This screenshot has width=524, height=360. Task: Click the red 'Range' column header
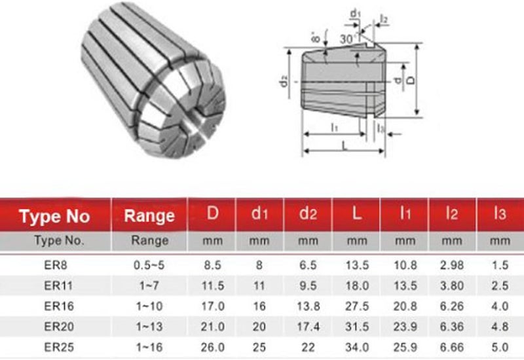150,216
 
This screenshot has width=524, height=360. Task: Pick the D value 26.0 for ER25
212,344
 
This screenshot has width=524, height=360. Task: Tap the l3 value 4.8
500,325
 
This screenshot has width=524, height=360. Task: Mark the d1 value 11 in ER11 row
260,286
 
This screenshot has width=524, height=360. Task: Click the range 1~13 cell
150,325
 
